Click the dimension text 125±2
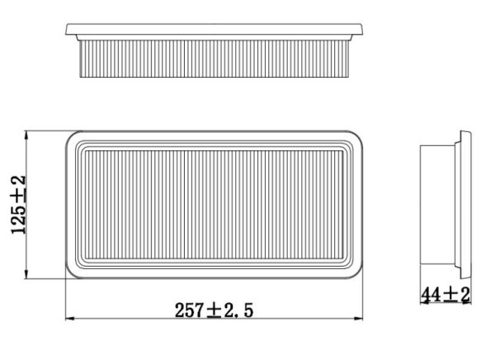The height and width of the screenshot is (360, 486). pos(19,204)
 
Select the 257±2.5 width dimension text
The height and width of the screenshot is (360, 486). pos(213,310)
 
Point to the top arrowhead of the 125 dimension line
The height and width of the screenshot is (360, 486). pos(30,134)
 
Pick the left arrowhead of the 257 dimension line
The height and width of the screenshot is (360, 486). pos(68,319)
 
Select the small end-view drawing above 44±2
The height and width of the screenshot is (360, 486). pos(444,203)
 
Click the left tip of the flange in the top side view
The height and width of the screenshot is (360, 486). pos(67,31)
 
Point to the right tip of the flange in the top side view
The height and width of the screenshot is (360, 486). pos(365,31)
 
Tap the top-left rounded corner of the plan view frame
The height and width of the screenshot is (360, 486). pos(73,137)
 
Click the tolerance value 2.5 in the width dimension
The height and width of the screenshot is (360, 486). pos(237,310)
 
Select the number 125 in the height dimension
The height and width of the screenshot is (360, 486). pos(19,218)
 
